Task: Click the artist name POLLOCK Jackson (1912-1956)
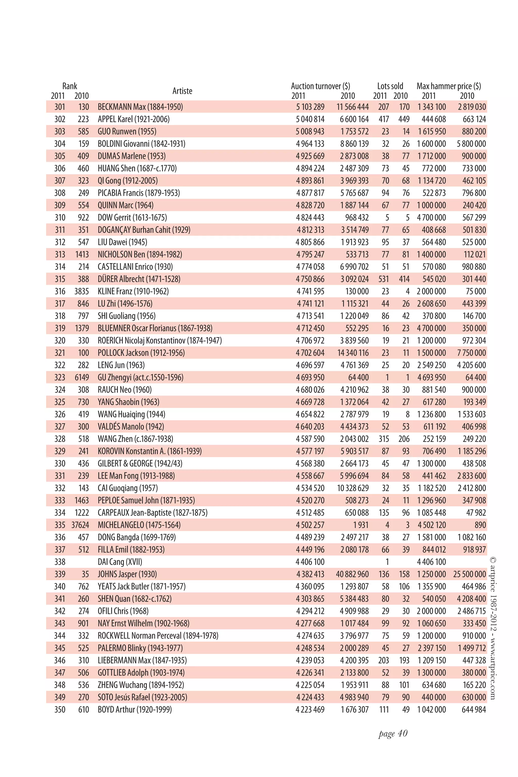(141, 353)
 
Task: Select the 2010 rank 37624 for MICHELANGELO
(80, 525)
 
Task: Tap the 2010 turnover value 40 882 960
(352, 574)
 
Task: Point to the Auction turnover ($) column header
(320, 86)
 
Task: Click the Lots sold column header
(390, 86)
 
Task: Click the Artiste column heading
(182, 91)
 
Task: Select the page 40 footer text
(393, 734)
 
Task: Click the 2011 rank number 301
(60, 107)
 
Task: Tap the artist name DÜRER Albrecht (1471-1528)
(139, 279)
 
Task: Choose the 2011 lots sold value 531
(383, 279)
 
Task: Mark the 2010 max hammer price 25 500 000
(469, 574)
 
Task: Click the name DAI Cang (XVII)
(120, 562)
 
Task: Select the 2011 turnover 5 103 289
(310, 107)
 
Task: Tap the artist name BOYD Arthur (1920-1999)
(135, 709)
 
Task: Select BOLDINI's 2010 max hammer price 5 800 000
(471, 144)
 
